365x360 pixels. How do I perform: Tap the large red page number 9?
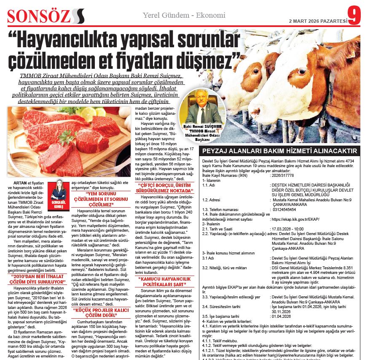tap(355, 15)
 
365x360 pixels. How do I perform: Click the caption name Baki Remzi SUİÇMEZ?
tap(200, 126)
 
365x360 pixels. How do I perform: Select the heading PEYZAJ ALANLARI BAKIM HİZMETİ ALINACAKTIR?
tap(280, 151)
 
